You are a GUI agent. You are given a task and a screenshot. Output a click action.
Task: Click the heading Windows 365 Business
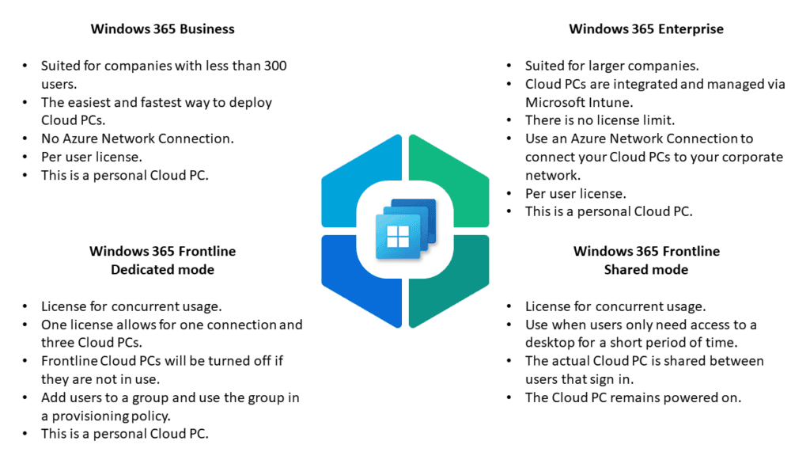(162, 29)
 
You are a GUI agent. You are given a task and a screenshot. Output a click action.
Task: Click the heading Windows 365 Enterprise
(646, 29)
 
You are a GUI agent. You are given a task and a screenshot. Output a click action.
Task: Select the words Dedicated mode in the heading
(162, 269)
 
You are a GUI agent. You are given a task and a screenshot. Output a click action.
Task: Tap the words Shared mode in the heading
(646, 269)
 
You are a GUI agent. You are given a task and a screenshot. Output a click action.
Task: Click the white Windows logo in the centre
(397, 235)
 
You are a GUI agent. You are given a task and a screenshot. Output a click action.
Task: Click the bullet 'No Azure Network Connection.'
(138, 139)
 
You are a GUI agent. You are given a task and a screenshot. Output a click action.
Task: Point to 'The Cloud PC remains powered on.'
(633, 397)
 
